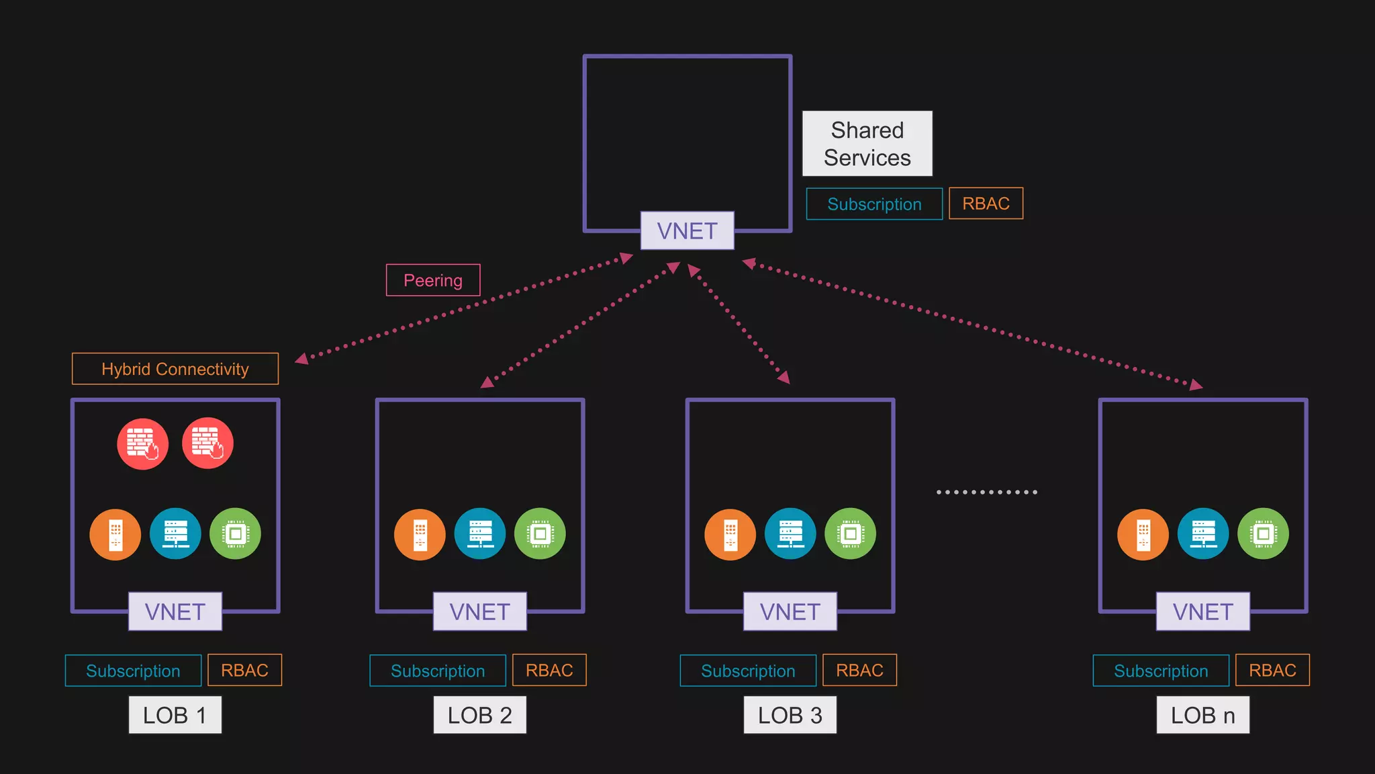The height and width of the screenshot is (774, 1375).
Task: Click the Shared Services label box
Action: click(x=867, y=144)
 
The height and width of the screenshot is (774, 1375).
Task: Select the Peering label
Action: click(x=433, y=280)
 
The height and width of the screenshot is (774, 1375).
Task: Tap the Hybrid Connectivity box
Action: click(x=175, y=369)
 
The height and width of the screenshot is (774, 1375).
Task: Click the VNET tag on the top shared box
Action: click(x=687, y=230)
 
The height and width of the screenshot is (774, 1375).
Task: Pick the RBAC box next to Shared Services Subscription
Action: click(x=986, y=204)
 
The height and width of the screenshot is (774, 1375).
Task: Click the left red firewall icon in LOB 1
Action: click(x=142, y=443)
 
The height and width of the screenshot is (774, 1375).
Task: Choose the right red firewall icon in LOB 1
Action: click(x=207, y=443)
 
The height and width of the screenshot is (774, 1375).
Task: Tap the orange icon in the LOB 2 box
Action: click(x=420, y=534)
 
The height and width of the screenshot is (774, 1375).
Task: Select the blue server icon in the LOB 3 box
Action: click(x=790, y=534)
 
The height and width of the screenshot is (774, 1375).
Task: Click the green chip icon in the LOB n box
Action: click(x=1263, y=534)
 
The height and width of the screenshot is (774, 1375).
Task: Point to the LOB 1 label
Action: click(x=175, y=715)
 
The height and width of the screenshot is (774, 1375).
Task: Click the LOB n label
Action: click(x=1202, y=715)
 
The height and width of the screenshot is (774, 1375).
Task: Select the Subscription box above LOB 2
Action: click(x=438, y=671)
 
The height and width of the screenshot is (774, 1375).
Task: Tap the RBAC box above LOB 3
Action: click(x=859, y=671)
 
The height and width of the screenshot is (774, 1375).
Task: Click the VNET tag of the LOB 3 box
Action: click(x=790, y=611)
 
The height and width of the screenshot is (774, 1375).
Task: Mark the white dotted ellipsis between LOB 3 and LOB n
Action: click(x=987, y=492)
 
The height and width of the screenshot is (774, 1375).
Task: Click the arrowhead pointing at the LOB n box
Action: click(x=1196, y=385)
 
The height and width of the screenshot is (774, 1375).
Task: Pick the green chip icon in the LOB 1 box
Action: click(x=235, y=534)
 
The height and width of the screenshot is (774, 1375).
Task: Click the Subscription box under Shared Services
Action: click(x=874, y=204)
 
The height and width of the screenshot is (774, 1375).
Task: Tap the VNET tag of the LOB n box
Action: click(x=1202, y=611)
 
